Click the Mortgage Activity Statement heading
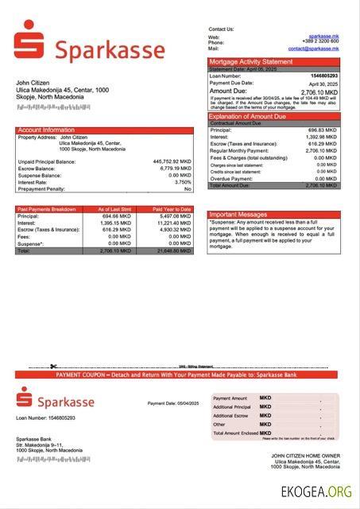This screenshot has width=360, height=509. click(250, 61)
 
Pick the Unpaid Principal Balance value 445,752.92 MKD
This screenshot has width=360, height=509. click(172, 161)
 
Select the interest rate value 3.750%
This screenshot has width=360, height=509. click(180, 182)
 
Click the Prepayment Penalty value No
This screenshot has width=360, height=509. click(188, 189)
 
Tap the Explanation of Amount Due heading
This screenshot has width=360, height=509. click(252, 117)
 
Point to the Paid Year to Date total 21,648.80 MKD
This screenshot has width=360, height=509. click(173, 251)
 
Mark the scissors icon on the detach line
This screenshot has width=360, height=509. click(52, 367)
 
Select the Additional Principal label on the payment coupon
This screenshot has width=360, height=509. click(231, 406)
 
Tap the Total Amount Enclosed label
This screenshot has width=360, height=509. click(235, 433)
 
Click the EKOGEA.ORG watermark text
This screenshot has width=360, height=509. click(316, 492)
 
